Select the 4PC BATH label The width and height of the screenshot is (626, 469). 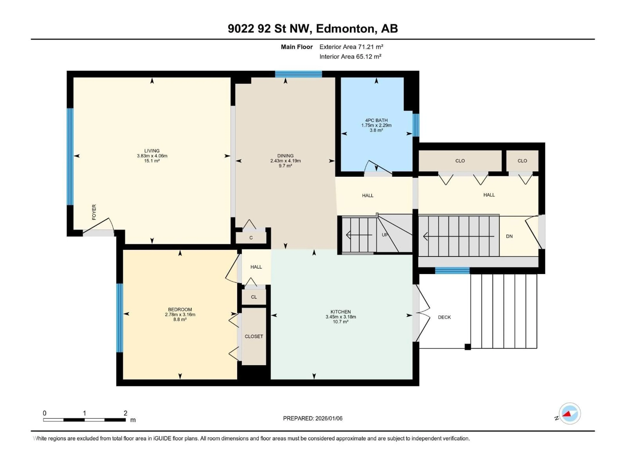(376, 120)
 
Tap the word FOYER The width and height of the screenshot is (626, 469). (94, 212)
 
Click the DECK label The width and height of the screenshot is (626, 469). (444, 317)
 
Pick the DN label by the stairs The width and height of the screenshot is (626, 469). (509, 236)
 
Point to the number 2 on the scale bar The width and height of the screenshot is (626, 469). (125, 413)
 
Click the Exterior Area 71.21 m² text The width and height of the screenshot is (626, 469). (351, 47)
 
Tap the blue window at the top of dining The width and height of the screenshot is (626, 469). (298, 74)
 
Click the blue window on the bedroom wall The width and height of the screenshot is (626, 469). (120, 318)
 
